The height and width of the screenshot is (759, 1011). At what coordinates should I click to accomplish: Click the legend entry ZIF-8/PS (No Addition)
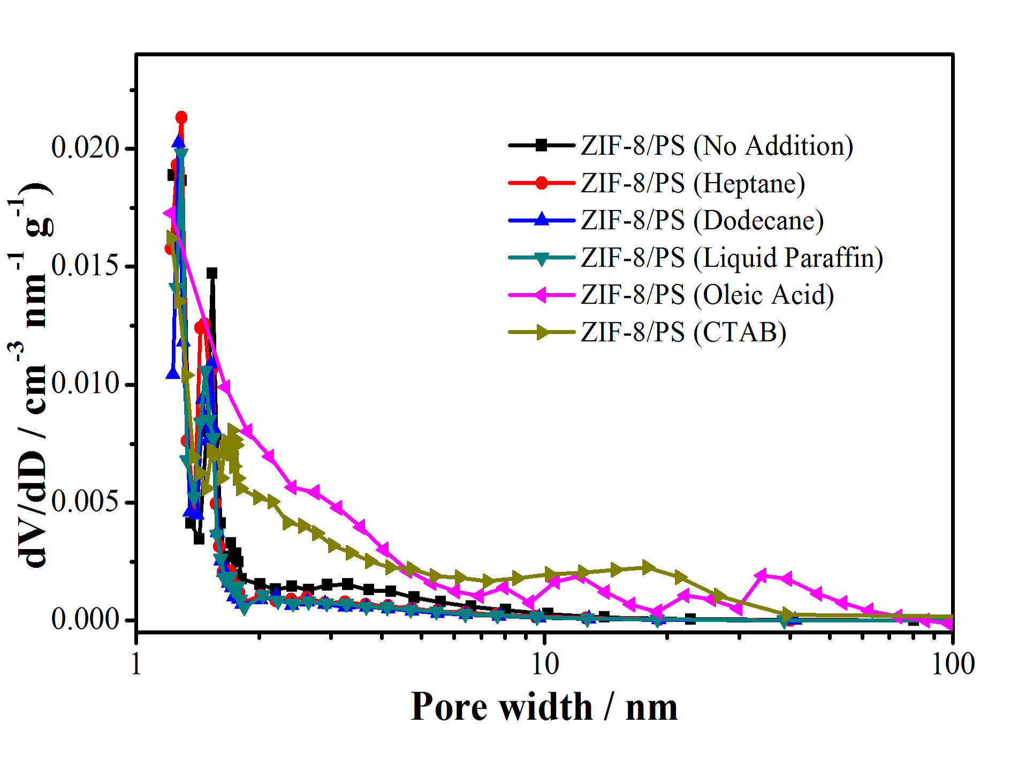click(717, 146)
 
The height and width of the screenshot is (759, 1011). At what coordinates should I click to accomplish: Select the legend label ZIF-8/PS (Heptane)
click(693, 183)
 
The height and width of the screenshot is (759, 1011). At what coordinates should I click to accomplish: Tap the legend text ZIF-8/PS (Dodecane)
click(702, 220)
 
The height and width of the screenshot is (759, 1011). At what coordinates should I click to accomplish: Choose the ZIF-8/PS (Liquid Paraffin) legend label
click(732, 258)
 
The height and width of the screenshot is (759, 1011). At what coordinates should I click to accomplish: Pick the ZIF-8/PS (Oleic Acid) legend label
click(707, 295)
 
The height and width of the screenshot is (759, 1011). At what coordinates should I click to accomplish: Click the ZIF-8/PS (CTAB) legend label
click(683, 332)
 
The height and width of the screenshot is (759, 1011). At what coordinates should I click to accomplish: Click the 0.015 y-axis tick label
click(85, 266)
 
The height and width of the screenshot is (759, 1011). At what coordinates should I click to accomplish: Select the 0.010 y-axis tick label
click(85, 384)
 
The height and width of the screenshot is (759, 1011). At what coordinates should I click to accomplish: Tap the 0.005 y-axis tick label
click(85, 502)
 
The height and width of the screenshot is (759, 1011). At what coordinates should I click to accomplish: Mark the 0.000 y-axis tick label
click(85, 620)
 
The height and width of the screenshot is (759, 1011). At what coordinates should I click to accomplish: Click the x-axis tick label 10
click(544, 664)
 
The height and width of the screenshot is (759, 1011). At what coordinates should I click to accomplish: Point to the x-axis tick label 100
click(953, 664)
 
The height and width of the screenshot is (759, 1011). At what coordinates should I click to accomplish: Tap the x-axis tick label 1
click(136, 664)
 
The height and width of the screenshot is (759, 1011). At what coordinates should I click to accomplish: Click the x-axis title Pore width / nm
click(544, 707)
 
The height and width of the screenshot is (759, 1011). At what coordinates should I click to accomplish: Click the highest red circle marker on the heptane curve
click(181, 117)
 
